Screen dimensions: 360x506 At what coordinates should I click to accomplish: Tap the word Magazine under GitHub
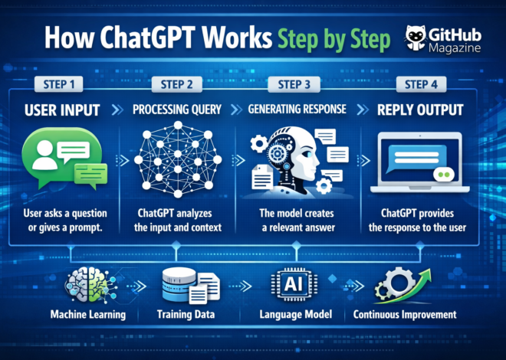click(x=455, y=49)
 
